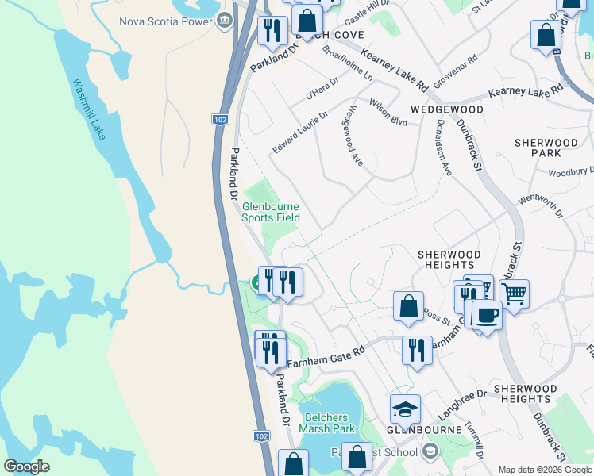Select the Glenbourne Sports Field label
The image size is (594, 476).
pyautogui.click(x=271, y=211)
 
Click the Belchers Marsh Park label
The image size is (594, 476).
pyautogui.click(x=326, y=423)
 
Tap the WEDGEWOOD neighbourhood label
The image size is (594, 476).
pyautogui.click(x=446, y=109)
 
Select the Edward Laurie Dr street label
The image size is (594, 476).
pyautogui.click(x=300, y=132)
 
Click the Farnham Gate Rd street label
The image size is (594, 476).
pyautogui.click(x=326, y=356)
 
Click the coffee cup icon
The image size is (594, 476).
pyautogui.click(x=487, y=314)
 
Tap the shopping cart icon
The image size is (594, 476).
pyautogui.click(x=515, y=294)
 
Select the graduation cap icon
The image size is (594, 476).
pyautogui.click(x=405, y=409)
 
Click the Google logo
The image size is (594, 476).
pyautogui.click(x=26, y=466)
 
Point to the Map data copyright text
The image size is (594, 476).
pyautogui.click(x=544, y=470)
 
